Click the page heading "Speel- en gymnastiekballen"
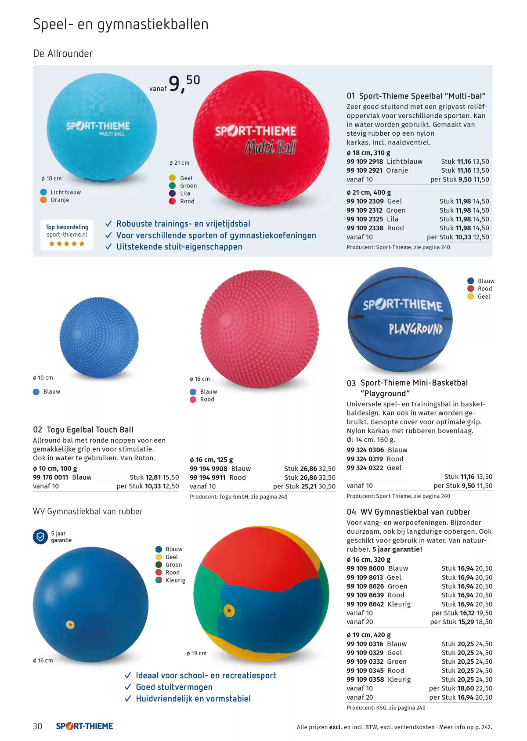click(x=121, y=25)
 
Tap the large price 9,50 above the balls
click(x=184, y=84)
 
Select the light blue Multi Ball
click(x=102, y=127)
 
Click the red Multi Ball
click(x=261, y=138)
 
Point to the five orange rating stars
click(x=67, y=244)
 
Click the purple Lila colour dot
click(x=172, y=194)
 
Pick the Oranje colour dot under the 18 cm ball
click(x=43, y=200)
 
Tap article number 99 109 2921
click(x=365, y=170)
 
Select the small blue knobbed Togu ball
click(x=99, y=337)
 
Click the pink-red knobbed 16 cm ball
click(x=260, y=329)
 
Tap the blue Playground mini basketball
click(x=400, y=319)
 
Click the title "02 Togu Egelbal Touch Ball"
click(x=83, y=430)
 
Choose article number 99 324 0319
click(x=365, y=459)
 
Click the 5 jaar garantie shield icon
click(x=40, y=537)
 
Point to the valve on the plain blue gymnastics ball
click(x=70, y=625)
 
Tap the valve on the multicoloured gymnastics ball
click(x=229, y=611)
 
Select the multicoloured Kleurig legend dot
click(x=159, y=580)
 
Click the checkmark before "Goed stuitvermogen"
click(x=128, y=687)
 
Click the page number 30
click(x=37, y=726)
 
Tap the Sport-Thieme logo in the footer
click(x=84, y=726)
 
